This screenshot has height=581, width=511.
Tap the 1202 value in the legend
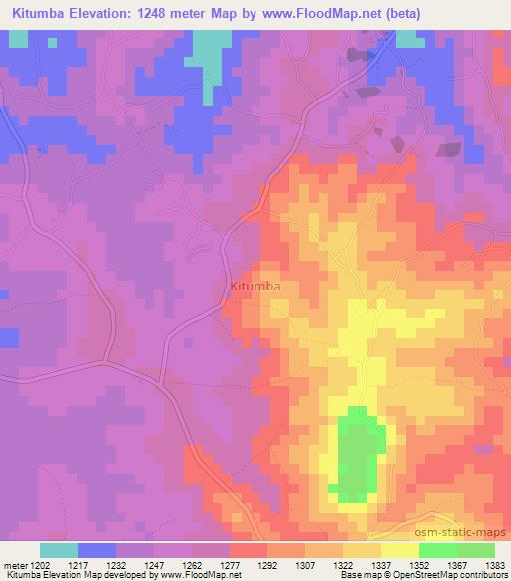(x=41, y=564)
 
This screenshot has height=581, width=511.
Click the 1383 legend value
(x=496, y=564)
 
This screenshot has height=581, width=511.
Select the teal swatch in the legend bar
(x=59, y=550)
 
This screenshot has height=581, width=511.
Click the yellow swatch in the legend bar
(x=399, y=550)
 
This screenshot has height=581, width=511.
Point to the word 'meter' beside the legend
(x=14, y=564)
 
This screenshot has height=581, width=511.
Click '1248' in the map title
(x=170, y=14)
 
